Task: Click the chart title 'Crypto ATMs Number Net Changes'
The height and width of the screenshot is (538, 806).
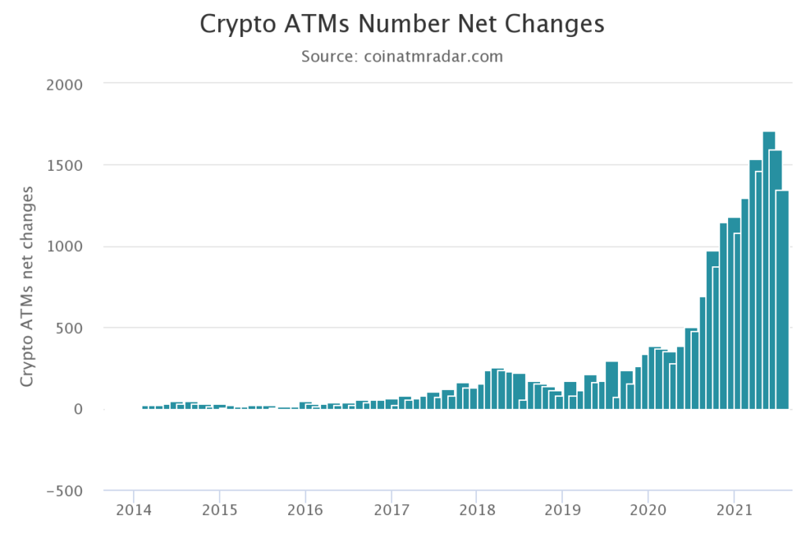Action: [402, 24]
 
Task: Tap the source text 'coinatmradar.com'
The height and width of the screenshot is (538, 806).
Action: [432, 57]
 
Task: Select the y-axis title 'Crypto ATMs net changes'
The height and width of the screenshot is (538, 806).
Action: [28, 287]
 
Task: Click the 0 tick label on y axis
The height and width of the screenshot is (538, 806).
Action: [78, 410]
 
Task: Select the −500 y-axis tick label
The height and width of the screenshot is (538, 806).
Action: [65, 491]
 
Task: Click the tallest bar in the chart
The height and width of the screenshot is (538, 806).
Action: [769, 268]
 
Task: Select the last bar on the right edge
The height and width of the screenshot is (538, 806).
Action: [782, 299]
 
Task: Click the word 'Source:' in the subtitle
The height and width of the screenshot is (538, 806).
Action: [328, 57]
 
